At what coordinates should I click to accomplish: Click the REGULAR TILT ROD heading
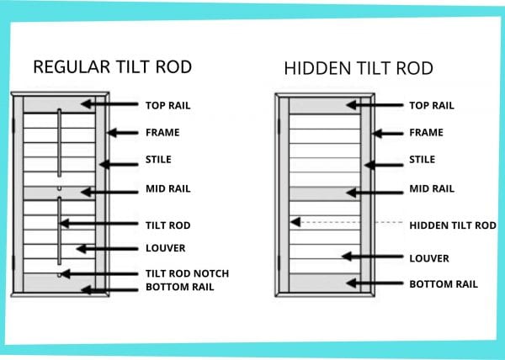[113, 67]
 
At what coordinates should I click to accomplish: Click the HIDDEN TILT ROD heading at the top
[359, 68]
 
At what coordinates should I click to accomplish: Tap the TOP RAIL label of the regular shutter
[167, 105]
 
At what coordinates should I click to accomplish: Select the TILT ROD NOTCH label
[187, 273]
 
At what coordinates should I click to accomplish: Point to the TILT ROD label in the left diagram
[167, 225]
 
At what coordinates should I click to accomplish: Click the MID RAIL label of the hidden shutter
[432, 188]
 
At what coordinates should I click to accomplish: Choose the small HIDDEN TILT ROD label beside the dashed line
[453, 225]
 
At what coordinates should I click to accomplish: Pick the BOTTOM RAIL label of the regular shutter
[180, 287]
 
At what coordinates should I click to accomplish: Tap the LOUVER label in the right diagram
[429, 258]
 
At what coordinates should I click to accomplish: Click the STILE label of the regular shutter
[158, 159]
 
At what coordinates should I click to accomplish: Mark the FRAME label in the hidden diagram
[426, 132]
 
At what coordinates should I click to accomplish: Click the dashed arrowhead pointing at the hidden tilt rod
[295, 222]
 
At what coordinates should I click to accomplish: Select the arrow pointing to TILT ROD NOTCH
[99, 274]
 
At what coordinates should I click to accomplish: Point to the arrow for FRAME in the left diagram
[123, 133]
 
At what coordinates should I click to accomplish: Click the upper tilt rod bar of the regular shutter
[59, 143]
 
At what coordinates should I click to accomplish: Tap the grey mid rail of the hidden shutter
[325, 193]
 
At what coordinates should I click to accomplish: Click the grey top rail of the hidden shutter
[325, 105]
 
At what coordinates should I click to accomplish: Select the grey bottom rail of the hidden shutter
[325, 283]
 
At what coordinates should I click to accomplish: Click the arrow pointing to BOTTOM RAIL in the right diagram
[375, 283]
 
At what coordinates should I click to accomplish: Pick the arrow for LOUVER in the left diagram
[107, 249]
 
